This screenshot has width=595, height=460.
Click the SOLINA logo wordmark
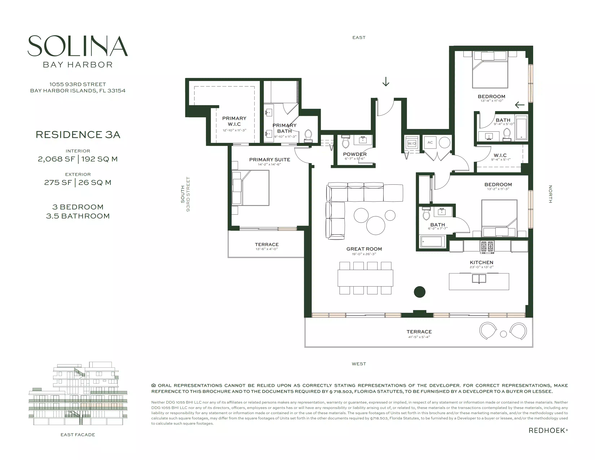[78, 46]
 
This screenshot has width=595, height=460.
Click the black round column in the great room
[420, 292]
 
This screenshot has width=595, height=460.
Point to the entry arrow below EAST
[386, 82]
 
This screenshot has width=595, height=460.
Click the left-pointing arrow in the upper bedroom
[519, 105]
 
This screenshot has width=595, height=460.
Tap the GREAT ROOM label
[364, 249]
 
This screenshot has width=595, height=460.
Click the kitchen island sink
[479, 279]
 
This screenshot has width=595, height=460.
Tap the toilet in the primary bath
[308, 136]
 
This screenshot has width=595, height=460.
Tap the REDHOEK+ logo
[548, 431]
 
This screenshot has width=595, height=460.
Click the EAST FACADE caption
[78, 435]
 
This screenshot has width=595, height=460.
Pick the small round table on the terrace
[503, 334]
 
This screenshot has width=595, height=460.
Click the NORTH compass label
[550, 194]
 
